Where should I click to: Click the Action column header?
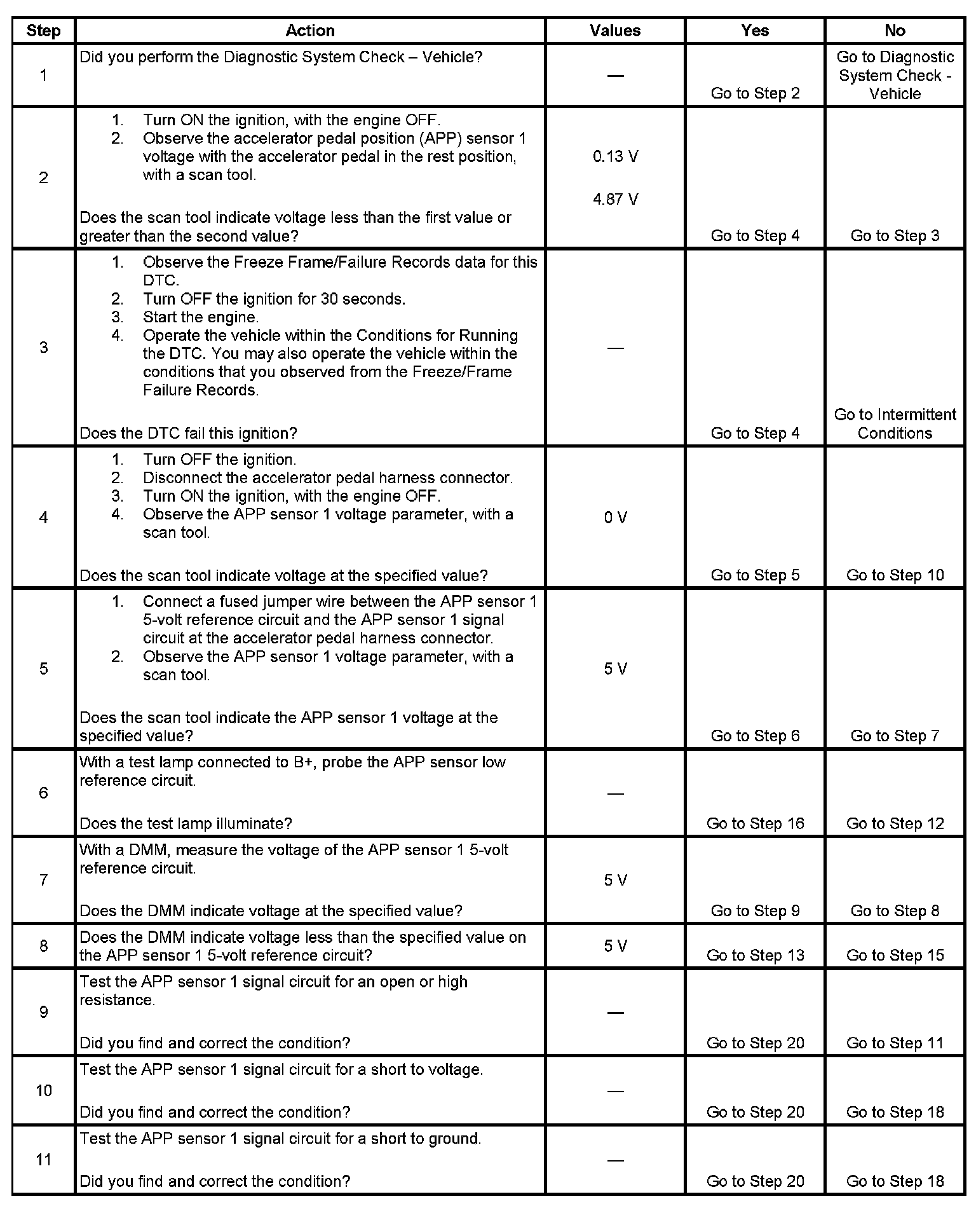click(309, 31)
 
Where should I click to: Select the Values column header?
click(614, 31)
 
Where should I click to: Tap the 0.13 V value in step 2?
click(615, 156)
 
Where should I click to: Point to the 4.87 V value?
click(615, 200)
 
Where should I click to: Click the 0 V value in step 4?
click(615, 517)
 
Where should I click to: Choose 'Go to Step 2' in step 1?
click(755, 93)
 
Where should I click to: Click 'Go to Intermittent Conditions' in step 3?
click(895, 424)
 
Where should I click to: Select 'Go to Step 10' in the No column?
click(895, 575)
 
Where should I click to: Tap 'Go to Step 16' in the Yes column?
click(755, 824)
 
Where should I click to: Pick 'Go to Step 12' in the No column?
click(895, 824)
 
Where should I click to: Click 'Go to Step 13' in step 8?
click(755, 956)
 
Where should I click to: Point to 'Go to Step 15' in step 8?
click(895, 956)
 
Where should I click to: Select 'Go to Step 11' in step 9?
click(895, 1043)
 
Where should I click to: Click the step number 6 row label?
click(43, 793)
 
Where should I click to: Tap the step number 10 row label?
click(43, 1091)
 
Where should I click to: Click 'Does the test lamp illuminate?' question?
click(186, 824)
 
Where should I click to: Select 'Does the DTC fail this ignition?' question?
click(188, 434)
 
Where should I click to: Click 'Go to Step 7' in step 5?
click(895, 736)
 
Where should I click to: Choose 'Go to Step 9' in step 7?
click(755, 911)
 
